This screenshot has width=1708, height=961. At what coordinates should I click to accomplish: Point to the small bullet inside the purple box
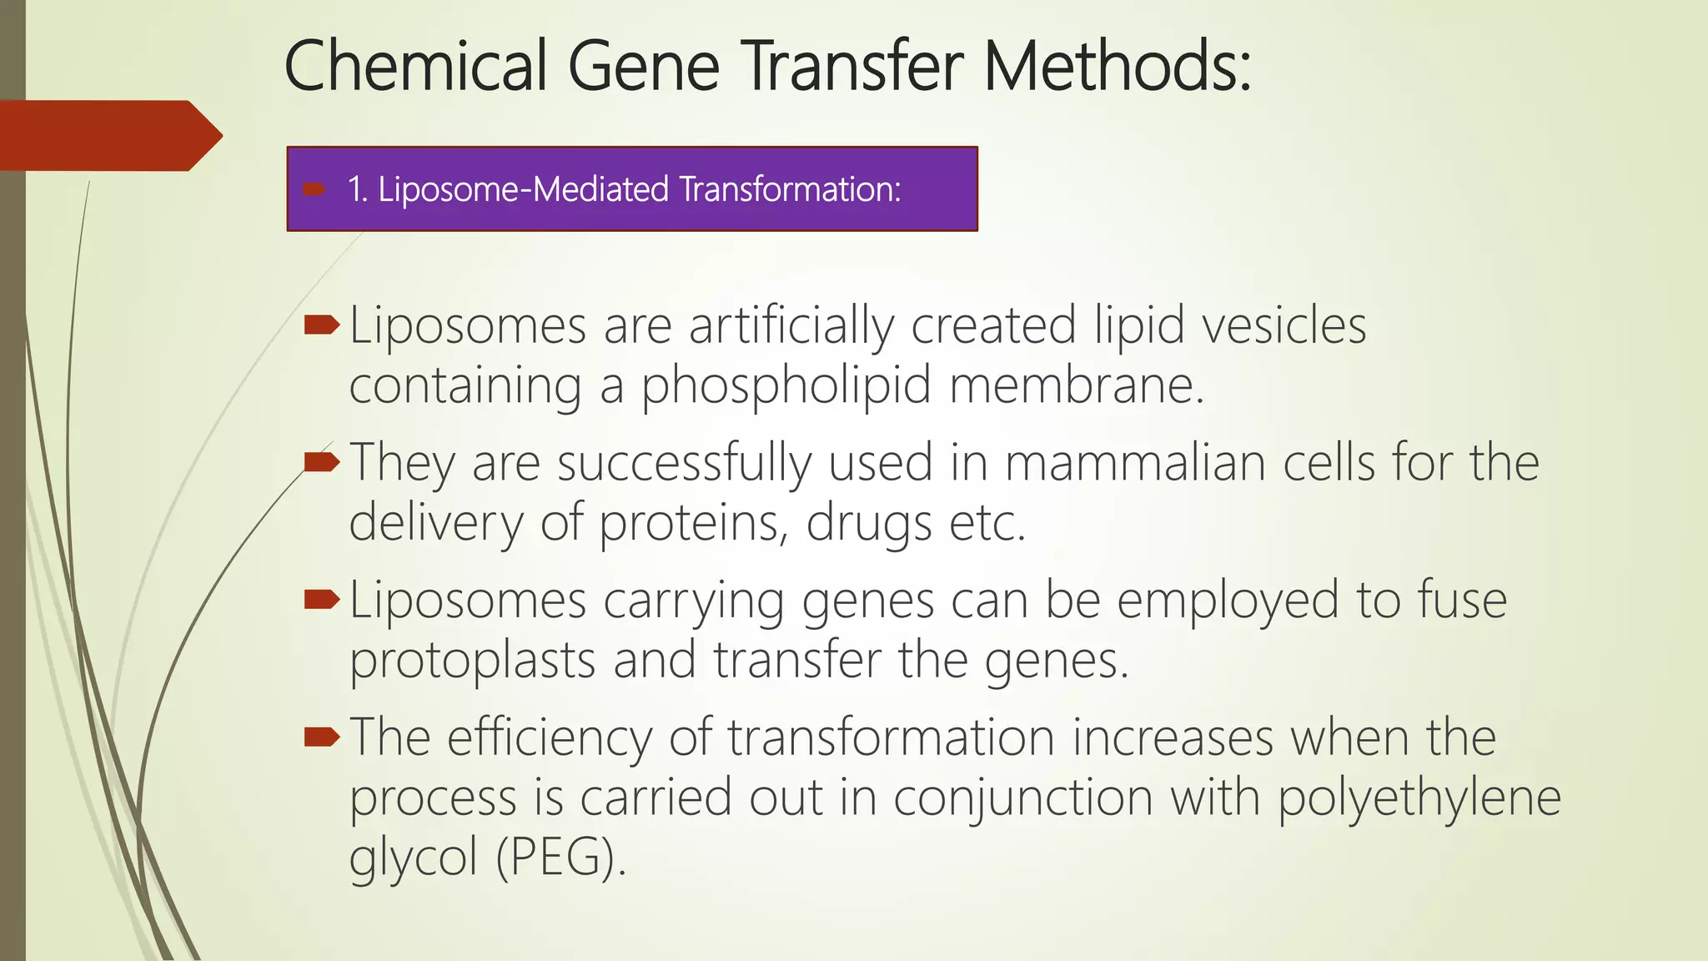(314, 189)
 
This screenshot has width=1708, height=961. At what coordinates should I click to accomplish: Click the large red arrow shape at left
(108, 135)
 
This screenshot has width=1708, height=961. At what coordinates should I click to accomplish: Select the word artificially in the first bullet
(791, 325)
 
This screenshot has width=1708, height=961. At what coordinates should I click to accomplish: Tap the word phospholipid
(786, 386)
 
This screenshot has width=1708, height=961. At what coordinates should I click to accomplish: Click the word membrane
(1076, 386)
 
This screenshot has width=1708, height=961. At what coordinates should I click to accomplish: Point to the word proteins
(693, 524)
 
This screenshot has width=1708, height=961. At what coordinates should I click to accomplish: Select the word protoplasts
(472, 661)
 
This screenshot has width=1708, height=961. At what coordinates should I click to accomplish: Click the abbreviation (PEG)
(560, 858)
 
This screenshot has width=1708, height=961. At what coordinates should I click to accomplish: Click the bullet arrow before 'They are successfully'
(322, 462)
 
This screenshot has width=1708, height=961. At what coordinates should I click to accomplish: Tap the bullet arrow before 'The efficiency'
(322, 737)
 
